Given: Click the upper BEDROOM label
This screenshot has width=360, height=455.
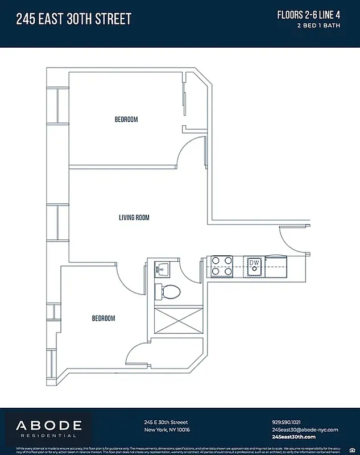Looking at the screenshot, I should click(x=126, y=119).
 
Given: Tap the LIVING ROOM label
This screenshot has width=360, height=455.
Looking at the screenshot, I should click(x=134, y=217).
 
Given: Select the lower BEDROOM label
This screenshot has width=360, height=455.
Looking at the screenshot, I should click(x=104, y=318).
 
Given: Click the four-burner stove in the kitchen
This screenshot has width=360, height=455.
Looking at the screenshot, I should click(x=222, y=266).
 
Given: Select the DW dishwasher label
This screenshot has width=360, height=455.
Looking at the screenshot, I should click(x=254, y=264).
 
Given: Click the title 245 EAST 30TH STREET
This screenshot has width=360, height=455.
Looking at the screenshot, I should click(x=74, y=19).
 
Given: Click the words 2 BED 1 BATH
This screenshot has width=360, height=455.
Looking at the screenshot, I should click(x=322, y=26).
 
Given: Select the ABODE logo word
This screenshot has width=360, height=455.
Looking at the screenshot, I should click(x=48, y=425).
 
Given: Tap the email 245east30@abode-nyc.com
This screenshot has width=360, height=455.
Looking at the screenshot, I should click(x=305, y=429).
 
